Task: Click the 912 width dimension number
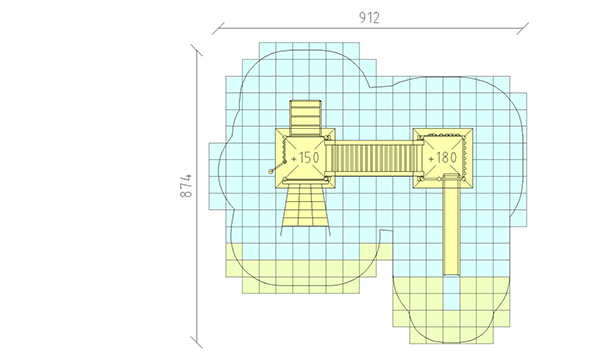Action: pyautogui.click(x=369, y=18)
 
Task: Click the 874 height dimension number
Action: pyautogui.click(x=186, y=186)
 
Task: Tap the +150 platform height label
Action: pyautogui.click(x=305, y=158)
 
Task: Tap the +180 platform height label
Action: pyautogui.click(x=442, y=158)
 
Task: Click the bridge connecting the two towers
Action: pyautogui.click(x=374, y=158)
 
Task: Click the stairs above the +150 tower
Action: pyautogui.click(x=305, y=118)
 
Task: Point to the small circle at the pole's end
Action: pyautogui.click(x=271, y=172)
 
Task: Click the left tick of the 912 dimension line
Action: pyautogui.click(x=218, y=29)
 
